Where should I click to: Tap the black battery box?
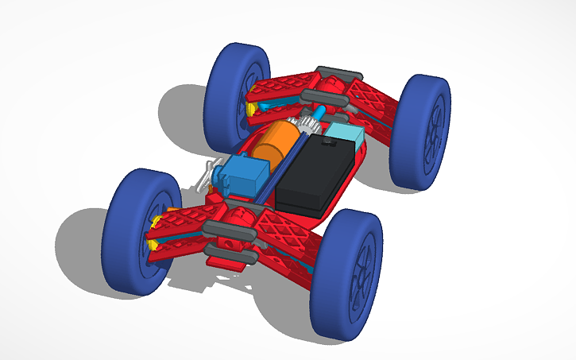pos(316,175)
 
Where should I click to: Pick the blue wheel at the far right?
pos(421,131)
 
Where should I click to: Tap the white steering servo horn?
pos(207,172)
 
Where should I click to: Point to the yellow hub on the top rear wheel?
pos(249,104)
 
